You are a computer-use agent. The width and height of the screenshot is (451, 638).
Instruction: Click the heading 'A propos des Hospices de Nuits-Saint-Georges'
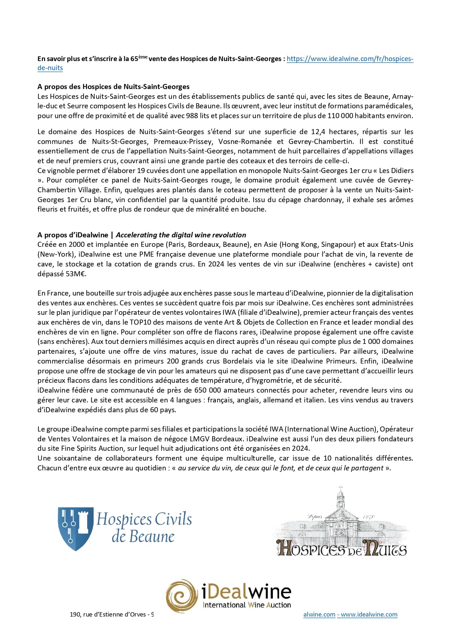point(113,87)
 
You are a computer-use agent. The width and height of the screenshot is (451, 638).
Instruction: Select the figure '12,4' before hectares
point(318,132)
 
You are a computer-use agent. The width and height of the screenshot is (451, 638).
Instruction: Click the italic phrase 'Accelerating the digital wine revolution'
point(181,235)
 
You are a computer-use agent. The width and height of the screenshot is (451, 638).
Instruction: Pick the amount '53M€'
point(76,274)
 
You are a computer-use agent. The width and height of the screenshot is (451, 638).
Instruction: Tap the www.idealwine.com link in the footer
point(369,614)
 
